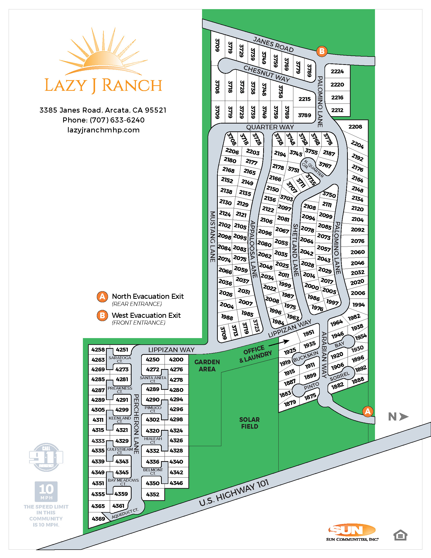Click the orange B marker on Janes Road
(322, 51)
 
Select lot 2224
(337, 72)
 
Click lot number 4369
(98, 519)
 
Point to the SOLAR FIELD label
(249, 423)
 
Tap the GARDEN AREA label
(207, 365)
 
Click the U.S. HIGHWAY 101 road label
(234, 492)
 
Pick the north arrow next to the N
(404, 417)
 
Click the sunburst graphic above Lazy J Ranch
(103, 53)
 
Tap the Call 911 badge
(46, 457)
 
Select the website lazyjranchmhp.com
(103, 130)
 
